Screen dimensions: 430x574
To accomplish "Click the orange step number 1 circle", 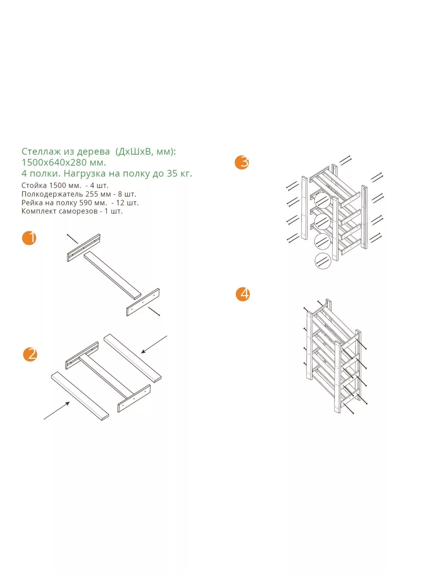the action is tap(29, 238).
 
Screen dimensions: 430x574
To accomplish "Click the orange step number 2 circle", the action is tap(30, 354).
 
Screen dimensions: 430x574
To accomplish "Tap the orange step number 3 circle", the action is tap(242, 162).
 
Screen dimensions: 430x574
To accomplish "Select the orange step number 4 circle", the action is tap(243, 294).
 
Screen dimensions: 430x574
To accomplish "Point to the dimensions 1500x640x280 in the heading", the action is tap(55, 162).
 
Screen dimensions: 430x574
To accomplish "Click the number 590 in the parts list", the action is tap(85, 203).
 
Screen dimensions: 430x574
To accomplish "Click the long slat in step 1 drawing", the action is tap(113, 276).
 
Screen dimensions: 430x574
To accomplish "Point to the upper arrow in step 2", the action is tap(154, 344).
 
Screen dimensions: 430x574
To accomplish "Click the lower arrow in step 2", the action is tap(57, 410).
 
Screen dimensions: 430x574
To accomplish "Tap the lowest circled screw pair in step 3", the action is tap(322, 261).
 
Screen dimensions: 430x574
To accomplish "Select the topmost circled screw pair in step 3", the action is tap(322, 200).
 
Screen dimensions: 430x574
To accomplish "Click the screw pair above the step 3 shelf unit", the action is tap(345, 160).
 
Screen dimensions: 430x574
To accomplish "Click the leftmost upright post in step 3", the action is tap(304, 208).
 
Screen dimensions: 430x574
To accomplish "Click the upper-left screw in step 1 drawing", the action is tap(73, 239).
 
